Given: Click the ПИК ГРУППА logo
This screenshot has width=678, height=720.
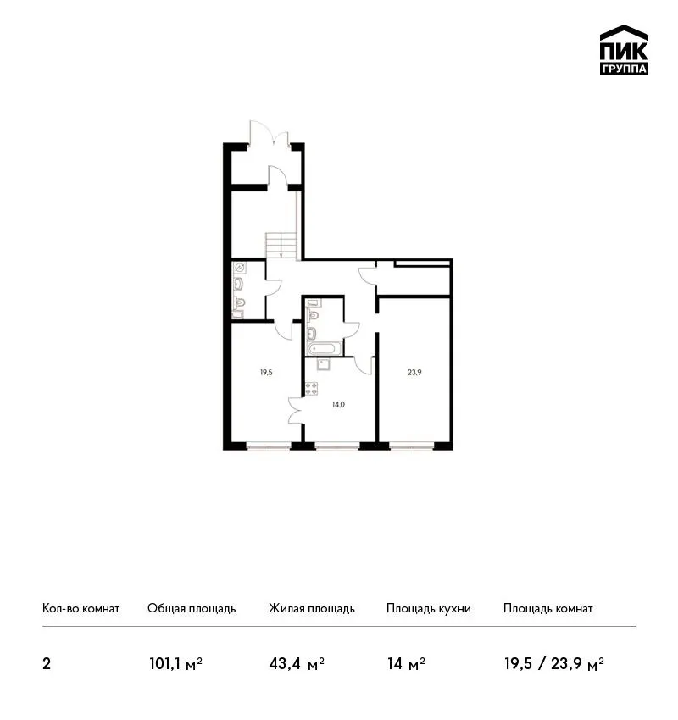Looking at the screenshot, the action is [x=624, y=50].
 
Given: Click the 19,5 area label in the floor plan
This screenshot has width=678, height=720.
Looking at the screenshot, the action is [x=266, y=373].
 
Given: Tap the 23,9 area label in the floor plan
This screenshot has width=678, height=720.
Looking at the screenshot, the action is [x=414, y=373].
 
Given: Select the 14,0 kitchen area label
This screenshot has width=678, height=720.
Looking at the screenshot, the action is [x=338, y=405].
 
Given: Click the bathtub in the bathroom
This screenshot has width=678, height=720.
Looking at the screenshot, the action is [x=325, y=348].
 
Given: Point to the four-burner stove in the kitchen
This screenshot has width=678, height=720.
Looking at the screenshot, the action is [x=311, y=389].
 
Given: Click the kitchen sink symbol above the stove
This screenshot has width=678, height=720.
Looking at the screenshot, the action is [x=324, y=364].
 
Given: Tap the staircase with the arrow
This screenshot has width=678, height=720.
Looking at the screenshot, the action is [x=281, y=246].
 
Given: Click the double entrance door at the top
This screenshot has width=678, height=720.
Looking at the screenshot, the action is [x=270, y=133].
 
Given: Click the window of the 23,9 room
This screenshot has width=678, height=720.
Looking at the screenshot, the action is [x=411, y=445].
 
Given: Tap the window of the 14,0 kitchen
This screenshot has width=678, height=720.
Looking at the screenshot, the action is [x=337, y=445].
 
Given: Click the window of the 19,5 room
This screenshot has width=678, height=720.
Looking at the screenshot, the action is [x=269, y=445].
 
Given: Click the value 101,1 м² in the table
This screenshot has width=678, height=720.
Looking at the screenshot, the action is [x=176, y=664].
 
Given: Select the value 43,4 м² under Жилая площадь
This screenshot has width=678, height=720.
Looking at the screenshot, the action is [x=297, y=664].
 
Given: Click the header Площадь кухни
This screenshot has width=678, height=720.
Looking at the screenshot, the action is [x=429, y=609].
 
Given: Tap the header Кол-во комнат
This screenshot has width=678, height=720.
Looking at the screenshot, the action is [x=81, y=608].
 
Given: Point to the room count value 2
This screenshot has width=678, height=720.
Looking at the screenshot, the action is [x=47, y=664].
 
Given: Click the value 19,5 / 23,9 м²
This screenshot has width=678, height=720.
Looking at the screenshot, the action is [x=554, y=664].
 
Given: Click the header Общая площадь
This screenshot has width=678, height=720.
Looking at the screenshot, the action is [x=192, y=609].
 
